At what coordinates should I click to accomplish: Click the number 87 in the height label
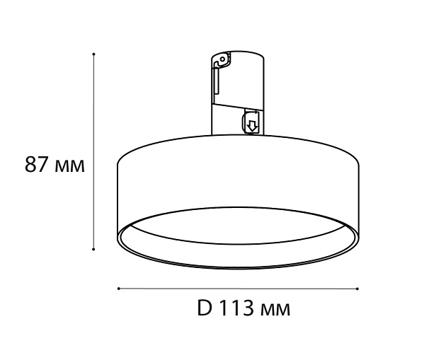click(x=36, y=164)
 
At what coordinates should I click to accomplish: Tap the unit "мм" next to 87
click(x=69, y=166)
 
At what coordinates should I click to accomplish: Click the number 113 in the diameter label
click(x=236, y=308)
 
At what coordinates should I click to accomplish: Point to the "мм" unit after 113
click(x=275, y=310)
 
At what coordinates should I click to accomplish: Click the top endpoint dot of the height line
click(x=93, y=54)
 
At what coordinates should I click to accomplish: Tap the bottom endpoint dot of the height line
click(x=93, y=249)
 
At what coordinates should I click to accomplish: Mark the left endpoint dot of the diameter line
click(x=119, y=289)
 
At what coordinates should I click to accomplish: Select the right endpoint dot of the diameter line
click(x=358, y=289)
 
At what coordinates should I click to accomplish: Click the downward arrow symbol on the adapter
click(x=251, y=126)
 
